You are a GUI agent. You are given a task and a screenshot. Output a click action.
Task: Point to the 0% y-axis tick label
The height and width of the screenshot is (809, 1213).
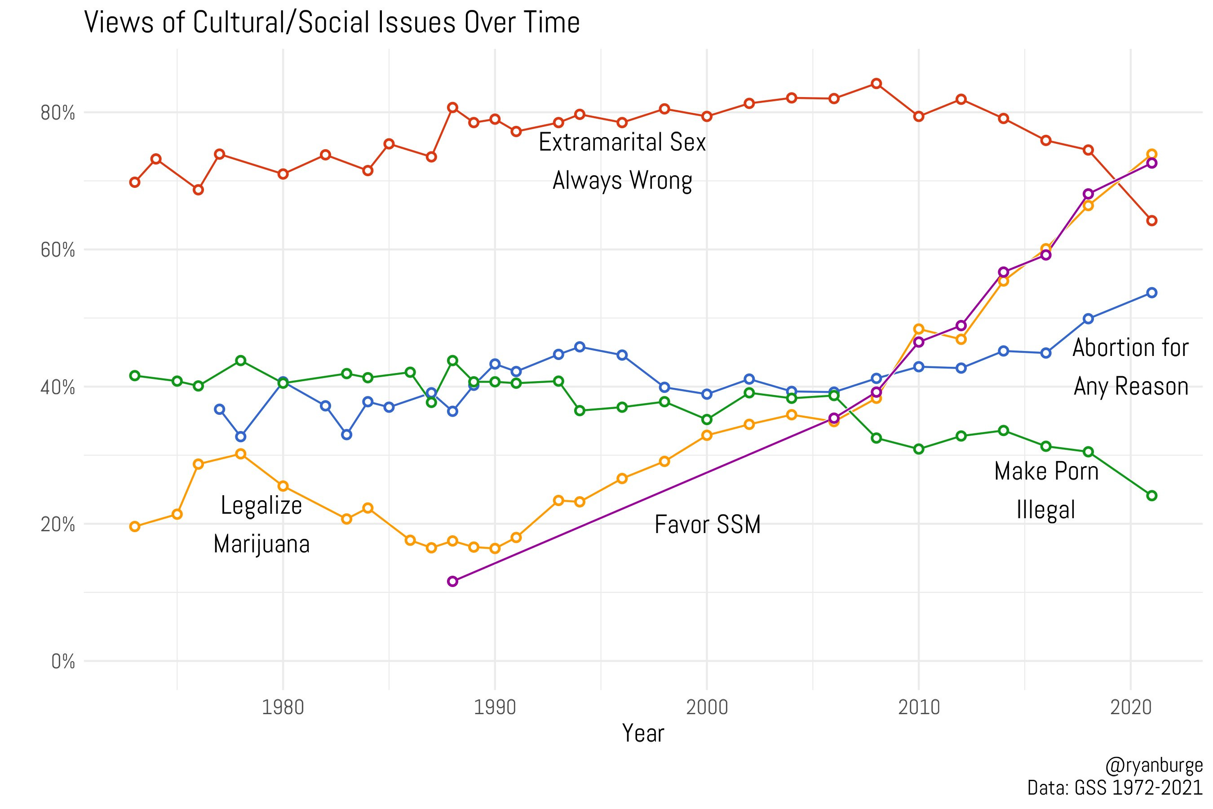pos(63,662)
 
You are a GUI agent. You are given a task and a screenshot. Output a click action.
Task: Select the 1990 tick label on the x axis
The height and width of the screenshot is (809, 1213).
pos(495,708)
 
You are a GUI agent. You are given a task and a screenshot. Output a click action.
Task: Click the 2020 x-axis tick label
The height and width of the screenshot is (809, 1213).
pos(1130,708)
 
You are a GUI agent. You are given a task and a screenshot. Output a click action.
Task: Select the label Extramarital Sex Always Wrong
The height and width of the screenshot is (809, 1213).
pos(622,161)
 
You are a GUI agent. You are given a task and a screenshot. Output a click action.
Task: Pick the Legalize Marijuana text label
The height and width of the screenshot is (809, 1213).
pos(261,525)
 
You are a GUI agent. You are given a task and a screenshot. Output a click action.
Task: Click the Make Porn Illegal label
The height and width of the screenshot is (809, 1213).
pos(1046,491)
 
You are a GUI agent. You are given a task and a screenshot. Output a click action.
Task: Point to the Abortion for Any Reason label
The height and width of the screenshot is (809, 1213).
pos(1130,367)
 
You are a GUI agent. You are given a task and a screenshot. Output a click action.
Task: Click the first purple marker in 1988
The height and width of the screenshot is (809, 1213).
pos(453,582)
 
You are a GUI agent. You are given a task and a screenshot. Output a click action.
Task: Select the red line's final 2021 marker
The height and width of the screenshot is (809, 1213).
pos(1151,221)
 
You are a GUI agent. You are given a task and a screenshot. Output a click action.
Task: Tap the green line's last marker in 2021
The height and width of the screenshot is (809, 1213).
pos(1151,496)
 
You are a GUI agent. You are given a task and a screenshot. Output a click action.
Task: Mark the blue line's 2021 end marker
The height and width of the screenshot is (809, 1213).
pos(1151,293)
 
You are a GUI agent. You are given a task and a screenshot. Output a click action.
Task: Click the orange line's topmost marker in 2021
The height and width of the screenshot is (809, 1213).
pos(1151,154)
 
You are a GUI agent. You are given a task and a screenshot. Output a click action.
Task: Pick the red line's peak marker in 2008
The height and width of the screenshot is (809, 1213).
pos(876,84)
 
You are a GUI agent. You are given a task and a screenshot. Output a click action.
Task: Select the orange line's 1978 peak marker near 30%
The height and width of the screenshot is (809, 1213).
pos(240,454)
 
